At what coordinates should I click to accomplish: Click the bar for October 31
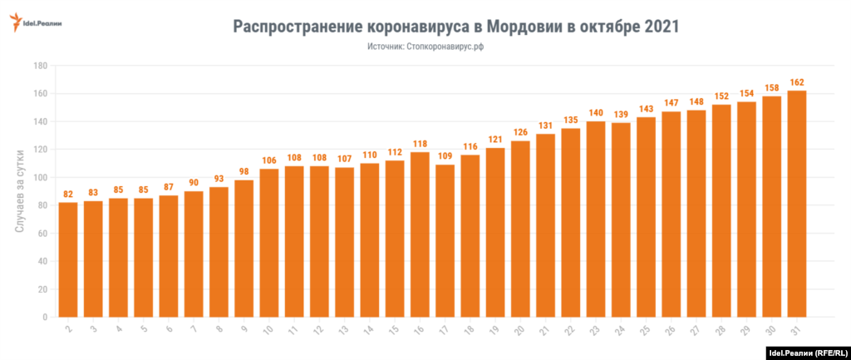point(796,204)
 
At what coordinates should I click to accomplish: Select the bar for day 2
point(68,259)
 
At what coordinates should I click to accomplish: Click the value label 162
point(796,82)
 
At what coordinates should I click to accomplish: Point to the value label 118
point(420,144)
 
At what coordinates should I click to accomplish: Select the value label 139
point(621,114)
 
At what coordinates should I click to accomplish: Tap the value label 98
point(244,171)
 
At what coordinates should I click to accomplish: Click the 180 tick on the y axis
point(39,66)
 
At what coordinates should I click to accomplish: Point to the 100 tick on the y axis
point(39,177)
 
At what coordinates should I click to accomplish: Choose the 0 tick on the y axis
point(43,317)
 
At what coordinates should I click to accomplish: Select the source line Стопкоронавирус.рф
point(445,47)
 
